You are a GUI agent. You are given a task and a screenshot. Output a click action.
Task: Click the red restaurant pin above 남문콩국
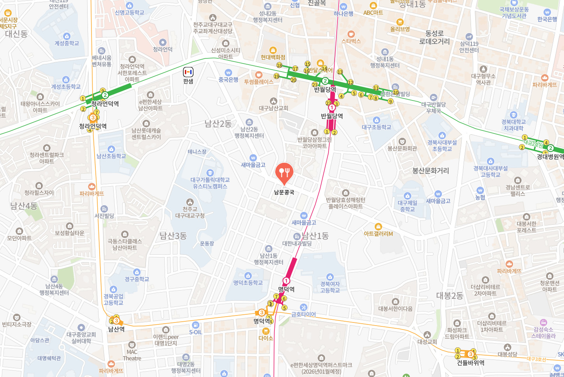(284, 173)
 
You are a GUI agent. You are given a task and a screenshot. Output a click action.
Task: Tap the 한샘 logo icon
(188, 72)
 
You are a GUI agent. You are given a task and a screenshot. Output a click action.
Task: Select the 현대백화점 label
(273, 57)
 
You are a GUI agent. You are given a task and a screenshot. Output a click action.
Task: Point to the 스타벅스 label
(351, 41)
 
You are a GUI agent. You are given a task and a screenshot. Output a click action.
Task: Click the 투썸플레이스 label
(259, 82)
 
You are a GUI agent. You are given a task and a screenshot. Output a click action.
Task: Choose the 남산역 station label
(116, 329)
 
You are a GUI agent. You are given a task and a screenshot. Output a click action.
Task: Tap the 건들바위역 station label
(471, 363)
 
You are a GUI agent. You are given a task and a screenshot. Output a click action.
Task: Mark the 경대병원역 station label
(550, 157)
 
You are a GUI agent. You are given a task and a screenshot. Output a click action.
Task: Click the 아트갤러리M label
(378, 234)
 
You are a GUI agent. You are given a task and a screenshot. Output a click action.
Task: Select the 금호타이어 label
(304, 314)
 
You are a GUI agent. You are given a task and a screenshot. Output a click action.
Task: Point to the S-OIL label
(195, 332)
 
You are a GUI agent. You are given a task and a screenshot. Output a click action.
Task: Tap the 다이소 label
(266, 338)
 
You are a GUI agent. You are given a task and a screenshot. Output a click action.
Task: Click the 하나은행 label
(343, 14)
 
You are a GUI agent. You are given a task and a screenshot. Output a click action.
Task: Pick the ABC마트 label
(373, 12)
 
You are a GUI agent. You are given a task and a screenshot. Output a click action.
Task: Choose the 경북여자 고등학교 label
(330, 287)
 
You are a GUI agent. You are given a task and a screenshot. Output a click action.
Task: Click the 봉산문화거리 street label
(430, 171)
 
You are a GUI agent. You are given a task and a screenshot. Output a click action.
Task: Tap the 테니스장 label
(197, 152)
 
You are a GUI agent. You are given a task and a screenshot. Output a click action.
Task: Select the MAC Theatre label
(132, 355)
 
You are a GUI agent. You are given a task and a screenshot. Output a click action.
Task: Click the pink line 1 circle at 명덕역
(286, 281)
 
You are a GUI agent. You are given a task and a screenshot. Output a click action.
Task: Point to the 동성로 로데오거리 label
(434, 37)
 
